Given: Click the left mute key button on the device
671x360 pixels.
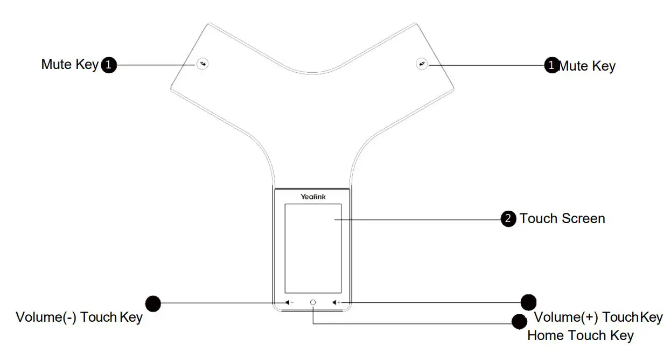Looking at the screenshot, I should point(202,64).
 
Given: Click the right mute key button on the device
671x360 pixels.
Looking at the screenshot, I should point(422,64).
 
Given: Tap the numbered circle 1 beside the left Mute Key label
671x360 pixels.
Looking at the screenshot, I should point(109,65).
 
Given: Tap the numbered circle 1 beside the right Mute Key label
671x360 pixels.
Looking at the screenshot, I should point(551,66).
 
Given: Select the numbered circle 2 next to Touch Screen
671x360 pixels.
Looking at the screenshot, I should point(508,218).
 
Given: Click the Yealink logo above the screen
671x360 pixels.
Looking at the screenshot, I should point(313,197).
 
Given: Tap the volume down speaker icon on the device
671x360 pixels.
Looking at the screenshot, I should point(289,302).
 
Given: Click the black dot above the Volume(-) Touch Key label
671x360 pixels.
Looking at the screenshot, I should point(153,303).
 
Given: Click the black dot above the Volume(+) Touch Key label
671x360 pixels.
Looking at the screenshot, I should point(528,302).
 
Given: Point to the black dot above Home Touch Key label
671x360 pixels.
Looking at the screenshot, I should point(519,322).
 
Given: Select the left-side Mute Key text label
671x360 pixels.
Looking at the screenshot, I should point(69,65).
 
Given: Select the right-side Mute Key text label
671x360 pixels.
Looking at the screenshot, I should point(588,66).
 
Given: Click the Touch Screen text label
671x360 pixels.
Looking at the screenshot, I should point(562,218).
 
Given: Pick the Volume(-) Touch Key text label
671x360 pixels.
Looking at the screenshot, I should point(79,317).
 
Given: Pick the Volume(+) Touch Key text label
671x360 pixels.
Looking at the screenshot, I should point(598,317).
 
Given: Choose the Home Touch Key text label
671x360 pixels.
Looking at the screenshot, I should point(580,336).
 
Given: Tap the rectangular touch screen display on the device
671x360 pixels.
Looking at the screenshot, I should point(313,248).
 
